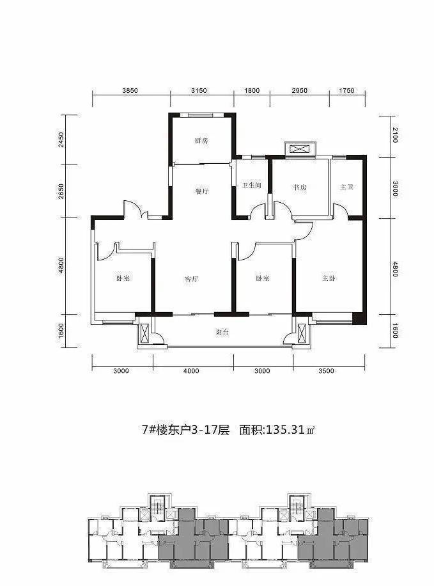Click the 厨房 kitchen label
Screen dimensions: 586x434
click(x=201, y=141)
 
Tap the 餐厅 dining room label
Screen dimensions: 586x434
click(x=203, y=191)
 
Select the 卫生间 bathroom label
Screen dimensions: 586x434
click(x=251, y=186)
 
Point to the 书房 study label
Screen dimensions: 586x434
click(x=300, y=187)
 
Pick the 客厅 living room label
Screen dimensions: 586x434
click(x=192, y=279)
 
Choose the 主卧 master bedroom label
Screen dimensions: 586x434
click(x=329, y=278)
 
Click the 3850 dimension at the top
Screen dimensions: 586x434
click(x=130, y=91)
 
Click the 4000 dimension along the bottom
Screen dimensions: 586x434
click(x=192, y=371)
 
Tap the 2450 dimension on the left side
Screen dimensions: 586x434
click(x=61, y=140)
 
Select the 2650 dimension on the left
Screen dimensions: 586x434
click(x=61, y=191)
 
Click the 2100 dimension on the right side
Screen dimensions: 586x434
click(x=395, y=136)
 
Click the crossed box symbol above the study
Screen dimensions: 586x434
click(x=299, y=149)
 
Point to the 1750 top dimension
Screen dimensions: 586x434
click(x=345, y=91)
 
